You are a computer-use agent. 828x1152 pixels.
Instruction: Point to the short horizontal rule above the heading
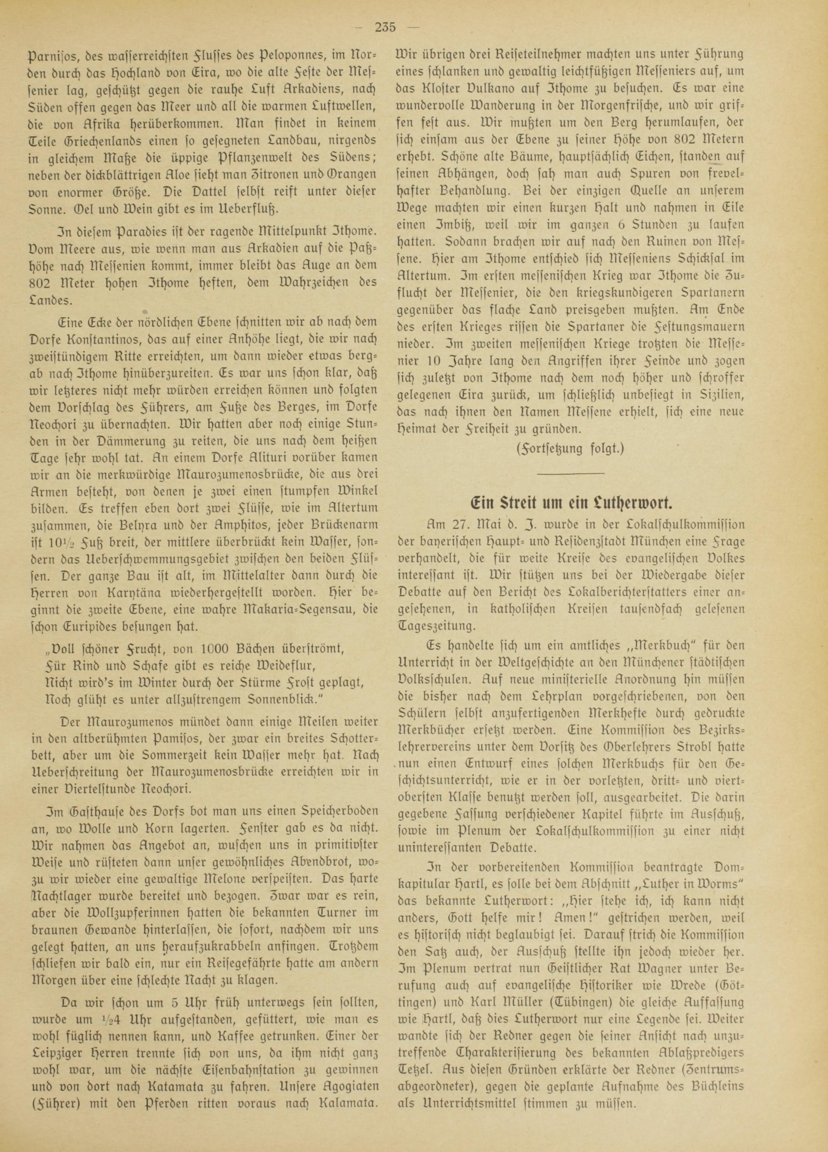570,473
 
